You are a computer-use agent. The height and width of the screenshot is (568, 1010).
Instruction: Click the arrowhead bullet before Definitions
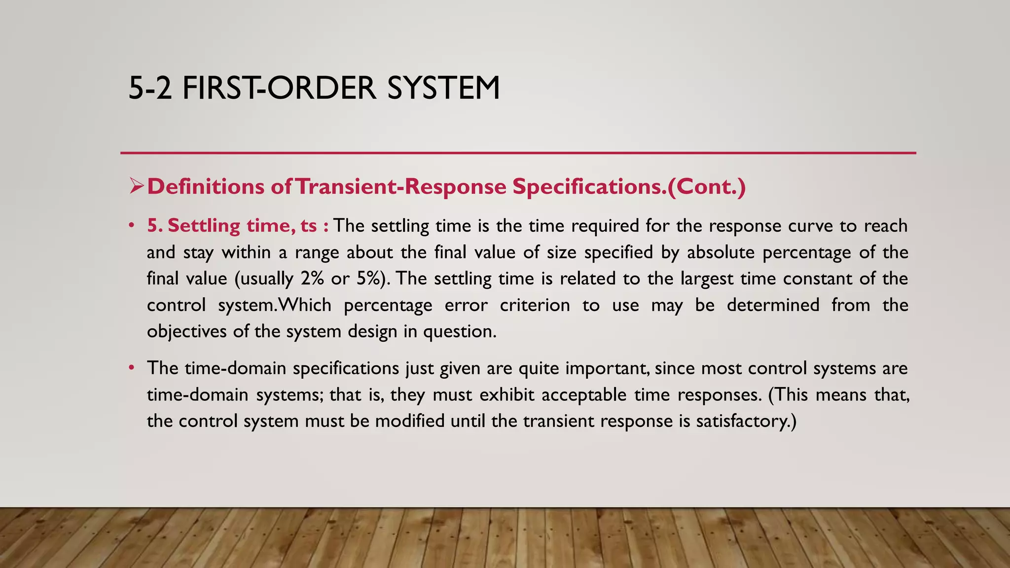(x=136, y=186)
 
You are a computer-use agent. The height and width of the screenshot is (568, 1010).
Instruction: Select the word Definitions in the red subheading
(x=206, y=186)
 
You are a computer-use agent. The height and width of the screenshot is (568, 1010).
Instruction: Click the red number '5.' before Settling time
(x=155, y=226)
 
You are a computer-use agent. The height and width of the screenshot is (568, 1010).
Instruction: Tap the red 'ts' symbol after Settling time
(x=309, y=226)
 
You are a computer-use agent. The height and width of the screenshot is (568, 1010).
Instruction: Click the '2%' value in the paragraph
(x=312, y=279)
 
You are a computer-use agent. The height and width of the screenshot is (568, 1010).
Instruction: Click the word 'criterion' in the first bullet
(x=535, y=305)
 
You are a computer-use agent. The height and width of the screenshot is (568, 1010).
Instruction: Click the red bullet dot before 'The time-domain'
(x=131, y=368)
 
